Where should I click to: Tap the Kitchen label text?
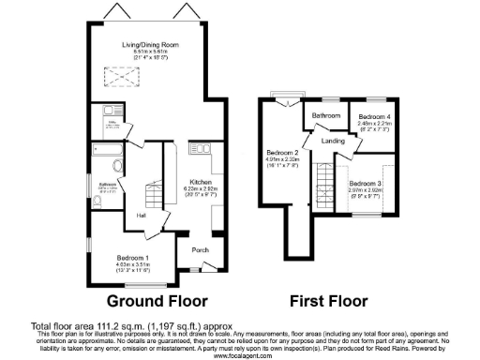[x=202, y=182]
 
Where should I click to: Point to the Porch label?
[x=200, y=250]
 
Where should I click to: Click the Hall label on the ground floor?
[x=140, y=217]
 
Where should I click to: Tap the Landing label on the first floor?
[x=334, y=141]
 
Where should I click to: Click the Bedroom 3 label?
[x=367, y=183]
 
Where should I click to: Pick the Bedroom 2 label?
[x=281, y=153]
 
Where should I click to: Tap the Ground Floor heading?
[x=157, y=302]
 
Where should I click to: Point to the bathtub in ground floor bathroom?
[x=108, y=151]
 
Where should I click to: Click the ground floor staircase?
[x=151, y=194]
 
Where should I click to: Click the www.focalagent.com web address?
[x=240, y=355]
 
